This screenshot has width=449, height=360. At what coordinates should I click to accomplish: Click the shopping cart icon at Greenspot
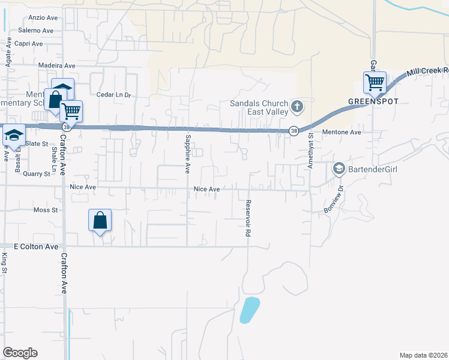[x=375, y=82]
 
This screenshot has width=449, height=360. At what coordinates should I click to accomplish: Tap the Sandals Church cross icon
[x=297, y=107]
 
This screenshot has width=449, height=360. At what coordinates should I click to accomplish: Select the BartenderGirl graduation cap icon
[x=339, y=169]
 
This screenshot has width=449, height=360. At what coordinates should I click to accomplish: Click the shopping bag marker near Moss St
[x=100, y=220]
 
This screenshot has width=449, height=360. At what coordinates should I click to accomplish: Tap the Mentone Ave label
[x=342, y=132]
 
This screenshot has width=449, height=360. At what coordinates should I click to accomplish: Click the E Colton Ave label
[x=36, y=247]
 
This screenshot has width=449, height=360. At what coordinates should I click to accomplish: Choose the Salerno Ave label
[x=35, y=30]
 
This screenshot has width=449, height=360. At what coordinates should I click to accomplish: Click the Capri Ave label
[x=29, y=43]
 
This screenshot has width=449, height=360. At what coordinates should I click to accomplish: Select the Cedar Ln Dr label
[x=113, y=95]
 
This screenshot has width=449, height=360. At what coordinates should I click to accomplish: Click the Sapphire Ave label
[x=187, y=155]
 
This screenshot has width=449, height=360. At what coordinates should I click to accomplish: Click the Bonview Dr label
[x=335, y=198]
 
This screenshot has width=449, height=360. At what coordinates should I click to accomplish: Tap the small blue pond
[x=249, y=310]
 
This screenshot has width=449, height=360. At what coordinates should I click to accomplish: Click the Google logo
[x=20, y=353]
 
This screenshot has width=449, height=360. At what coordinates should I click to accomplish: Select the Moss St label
[x=46, y=211]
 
